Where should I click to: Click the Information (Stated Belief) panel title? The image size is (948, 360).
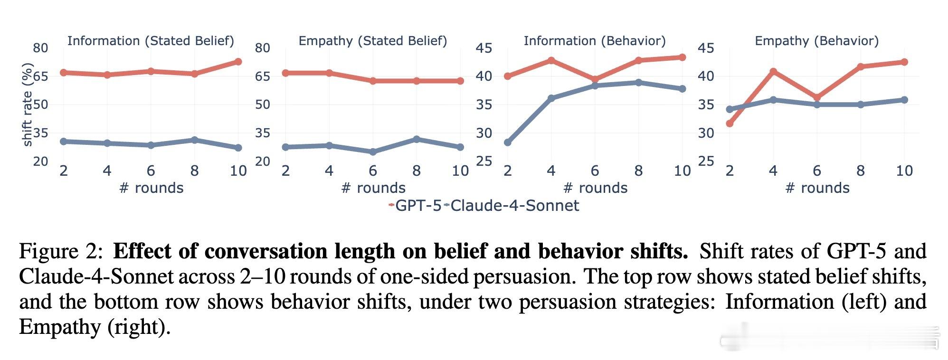tap(151, 41)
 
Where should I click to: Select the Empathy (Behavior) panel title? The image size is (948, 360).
tap(816, 41)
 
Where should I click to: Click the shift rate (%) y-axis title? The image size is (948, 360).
tap(28, 104)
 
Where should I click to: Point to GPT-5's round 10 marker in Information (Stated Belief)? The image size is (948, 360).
tap(238, 62)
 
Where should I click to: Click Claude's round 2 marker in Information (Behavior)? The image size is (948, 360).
tap(508, 142)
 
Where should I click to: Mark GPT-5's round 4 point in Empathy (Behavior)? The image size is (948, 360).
tap(773, 72)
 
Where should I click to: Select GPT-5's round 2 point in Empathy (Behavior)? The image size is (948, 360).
tap(730, 124)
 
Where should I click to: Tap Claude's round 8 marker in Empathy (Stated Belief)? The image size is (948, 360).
tap(417, 139)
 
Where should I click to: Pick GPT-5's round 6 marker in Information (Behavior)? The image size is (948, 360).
tap(595, 80)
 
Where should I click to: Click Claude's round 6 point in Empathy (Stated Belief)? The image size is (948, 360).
tap(373, 152)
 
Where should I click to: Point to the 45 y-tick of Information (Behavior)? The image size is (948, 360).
tap(484, 48)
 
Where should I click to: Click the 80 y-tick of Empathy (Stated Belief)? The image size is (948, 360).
tap(262, 48)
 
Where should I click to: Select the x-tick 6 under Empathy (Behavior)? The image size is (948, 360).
tap(817, 171)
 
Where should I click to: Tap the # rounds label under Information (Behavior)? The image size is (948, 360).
tap(595, 188)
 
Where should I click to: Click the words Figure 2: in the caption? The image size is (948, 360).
tap(61, 251)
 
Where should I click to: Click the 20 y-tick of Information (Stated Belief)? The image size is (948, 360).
tap(40, 161)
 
